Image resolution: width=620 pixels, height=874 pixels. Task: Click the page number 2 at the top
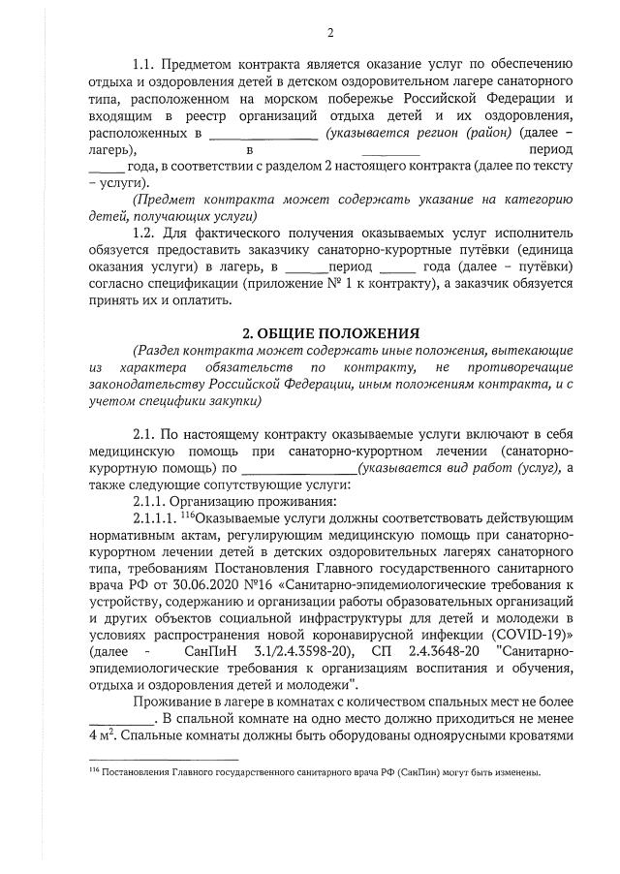(x=330, y=33)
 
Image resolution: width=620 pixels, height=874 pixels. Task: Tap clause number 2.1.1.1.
(x=154, y=517)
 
